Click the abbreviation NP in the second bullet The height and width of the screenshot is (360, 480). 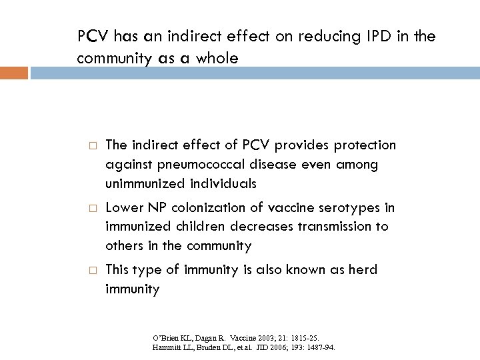point(153,208)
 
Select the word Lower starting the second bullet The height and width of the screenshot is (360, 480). point(122,208)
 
